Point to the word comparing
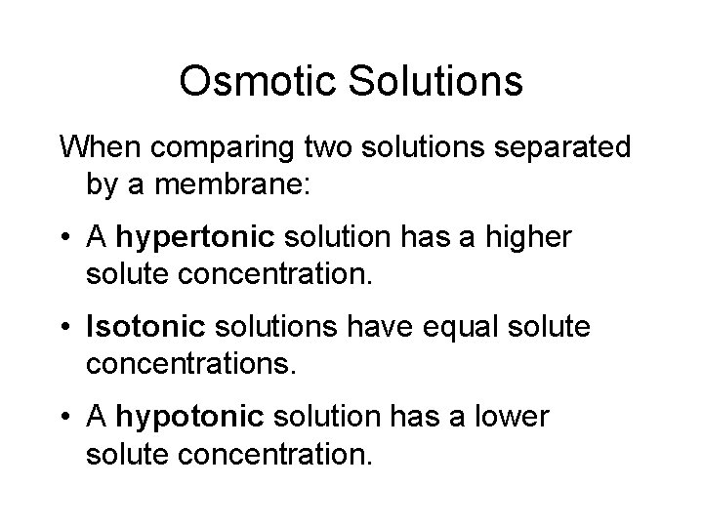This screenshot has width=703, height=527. pyautogui.click(x=207, y=148)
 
